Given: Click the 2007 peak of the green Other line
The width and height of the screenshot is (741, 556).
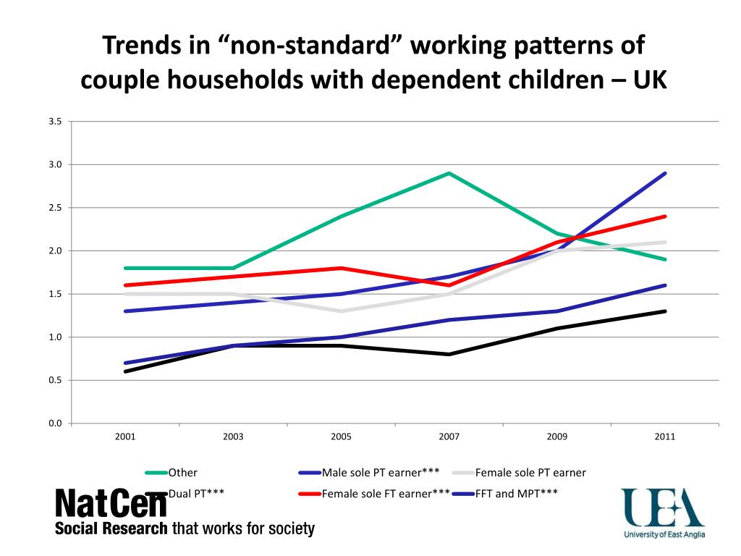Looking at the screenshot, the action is click(449, 174).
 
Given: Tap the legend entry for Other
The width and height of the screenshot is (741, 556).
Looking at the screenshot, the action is click(171, 472).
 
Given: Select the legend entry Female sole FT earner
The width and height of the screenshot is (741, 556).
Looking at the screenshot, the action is click(374, 494).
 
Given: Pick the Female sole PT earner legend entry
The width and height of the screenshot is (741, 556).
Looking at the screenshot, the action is click(519, 472).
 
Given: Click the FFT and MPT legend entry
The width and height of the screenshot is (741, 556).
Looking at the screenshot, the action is click(504, 494).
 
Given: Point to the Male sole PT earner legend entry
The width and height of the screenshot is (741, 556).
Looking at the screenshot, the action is click(369, 472).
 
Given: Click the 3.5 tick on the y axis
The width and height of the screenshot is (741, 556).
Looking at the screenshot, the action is click(55, 122).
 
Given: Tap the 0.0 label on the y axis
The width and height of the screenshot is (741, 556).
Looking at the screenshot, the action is click(55, 423).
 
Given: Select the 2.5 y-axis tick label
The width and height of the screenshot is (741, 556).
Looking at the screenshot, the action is click(55, 208).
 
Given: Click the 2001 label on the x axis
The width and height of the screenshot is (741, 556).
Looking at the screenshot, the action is click(125, 437).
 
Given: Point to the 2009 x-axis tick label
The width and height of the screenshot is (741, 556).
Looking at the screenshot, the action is click(557, 437).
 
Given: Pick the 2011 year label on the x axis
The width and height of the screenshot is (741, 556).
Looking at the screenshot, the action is click(665, 437).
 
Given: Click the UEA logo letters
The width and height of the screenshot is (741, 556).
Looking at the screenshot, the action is click(663, 507).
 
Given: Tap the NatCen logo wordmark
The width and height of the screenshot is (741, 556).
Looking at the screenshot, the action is click(111, 503).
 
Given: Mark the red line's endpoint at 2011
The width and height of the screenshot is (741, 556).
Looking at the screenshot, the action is click(665, 216).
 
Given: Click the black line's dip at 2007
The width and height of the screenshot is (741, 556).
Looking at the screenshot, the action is click(449, 354).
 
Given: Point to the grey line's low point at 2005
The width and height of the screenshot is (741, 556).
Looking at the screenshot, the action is click(342, 311).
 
